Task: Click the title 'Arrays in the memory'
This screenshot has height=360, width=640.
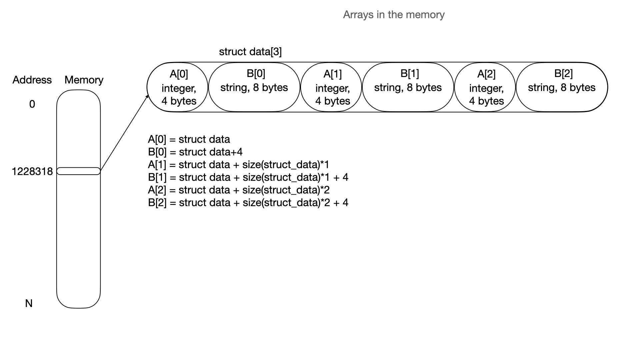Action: tap(394, 15)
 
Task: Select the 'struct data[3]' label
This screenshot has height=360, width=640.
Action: tap(250, 52)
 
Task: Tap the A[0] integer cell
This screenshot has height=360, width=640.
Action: tap(178, 87)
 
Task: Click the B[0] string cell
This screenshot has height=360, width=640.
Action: tap(254, 87)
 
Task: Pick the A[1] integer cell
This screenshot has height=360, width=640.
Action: tap(332, 87)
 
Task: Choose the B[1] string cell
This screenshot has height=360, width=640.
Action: tap(408, 87)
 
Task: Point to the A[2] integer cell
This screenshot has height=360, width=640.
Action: tap(486, 87)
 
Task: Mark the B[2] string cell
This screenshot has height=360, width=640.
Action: tap(562, 87)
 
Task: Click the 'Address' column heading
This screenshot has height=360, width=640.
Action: tap(32, 80)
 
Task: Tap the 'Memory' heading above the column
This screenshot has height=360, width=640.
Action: tap(84, 80)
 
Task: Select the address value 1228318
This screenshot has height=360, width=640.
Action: tap(32, 171)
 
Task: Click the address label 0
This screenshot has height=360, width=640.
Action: tap(32, 104)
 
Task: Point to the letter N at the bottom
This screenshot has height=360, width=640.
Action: tap(29, 303)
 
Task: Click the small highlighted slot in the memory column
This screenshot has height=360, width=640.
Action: tap(78, 171)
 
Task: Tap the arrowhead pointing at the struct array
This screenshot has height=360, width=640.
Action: tap(147, 97)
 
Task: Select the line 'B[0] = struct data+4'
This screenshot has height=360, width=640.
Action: tap(195, 152)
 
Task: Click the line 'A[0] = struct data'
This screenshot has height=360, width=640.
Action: tap(189, 139)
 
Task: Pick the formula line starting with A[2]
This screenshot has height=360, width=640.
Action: tap(238, 190)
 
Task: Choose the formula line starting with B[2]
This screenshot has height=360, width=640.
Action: tap(248, 203)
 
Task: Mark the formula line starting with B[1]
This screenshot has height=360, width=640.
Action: tap(248, 177)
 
